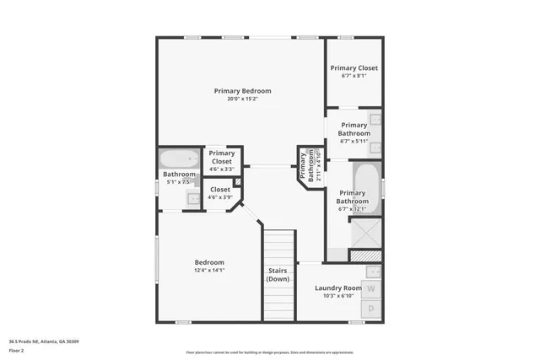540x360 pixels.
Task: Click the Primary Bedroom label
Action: tap(242, 90)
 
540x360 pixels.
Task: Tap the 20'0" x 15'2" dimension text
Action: tap(242, 99)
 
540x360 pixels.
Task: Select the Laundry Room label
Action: tap(341, 287)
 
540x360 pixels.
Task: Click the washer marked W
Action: tap(371, 288)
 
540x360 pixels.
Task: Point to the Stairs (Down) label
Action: tap(278, 274)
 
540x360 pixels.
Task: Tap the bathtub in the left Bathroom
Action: tap(179, 159)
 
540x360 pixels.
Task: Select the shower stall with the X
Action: tap(365, 230)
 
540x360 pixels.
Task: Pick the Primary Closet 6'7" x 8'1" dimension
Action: tap(354, 77)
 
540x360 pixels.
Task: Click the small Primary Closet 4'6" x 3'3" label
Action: tap(221, 169)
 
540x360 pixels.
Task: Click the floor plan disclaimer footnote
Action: tap(269, 352)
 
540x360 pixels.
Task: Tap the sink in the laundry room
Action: tap(372, 271)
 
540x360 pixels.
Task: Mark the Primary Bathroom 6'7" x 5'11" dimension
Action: tap(354, 142)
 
